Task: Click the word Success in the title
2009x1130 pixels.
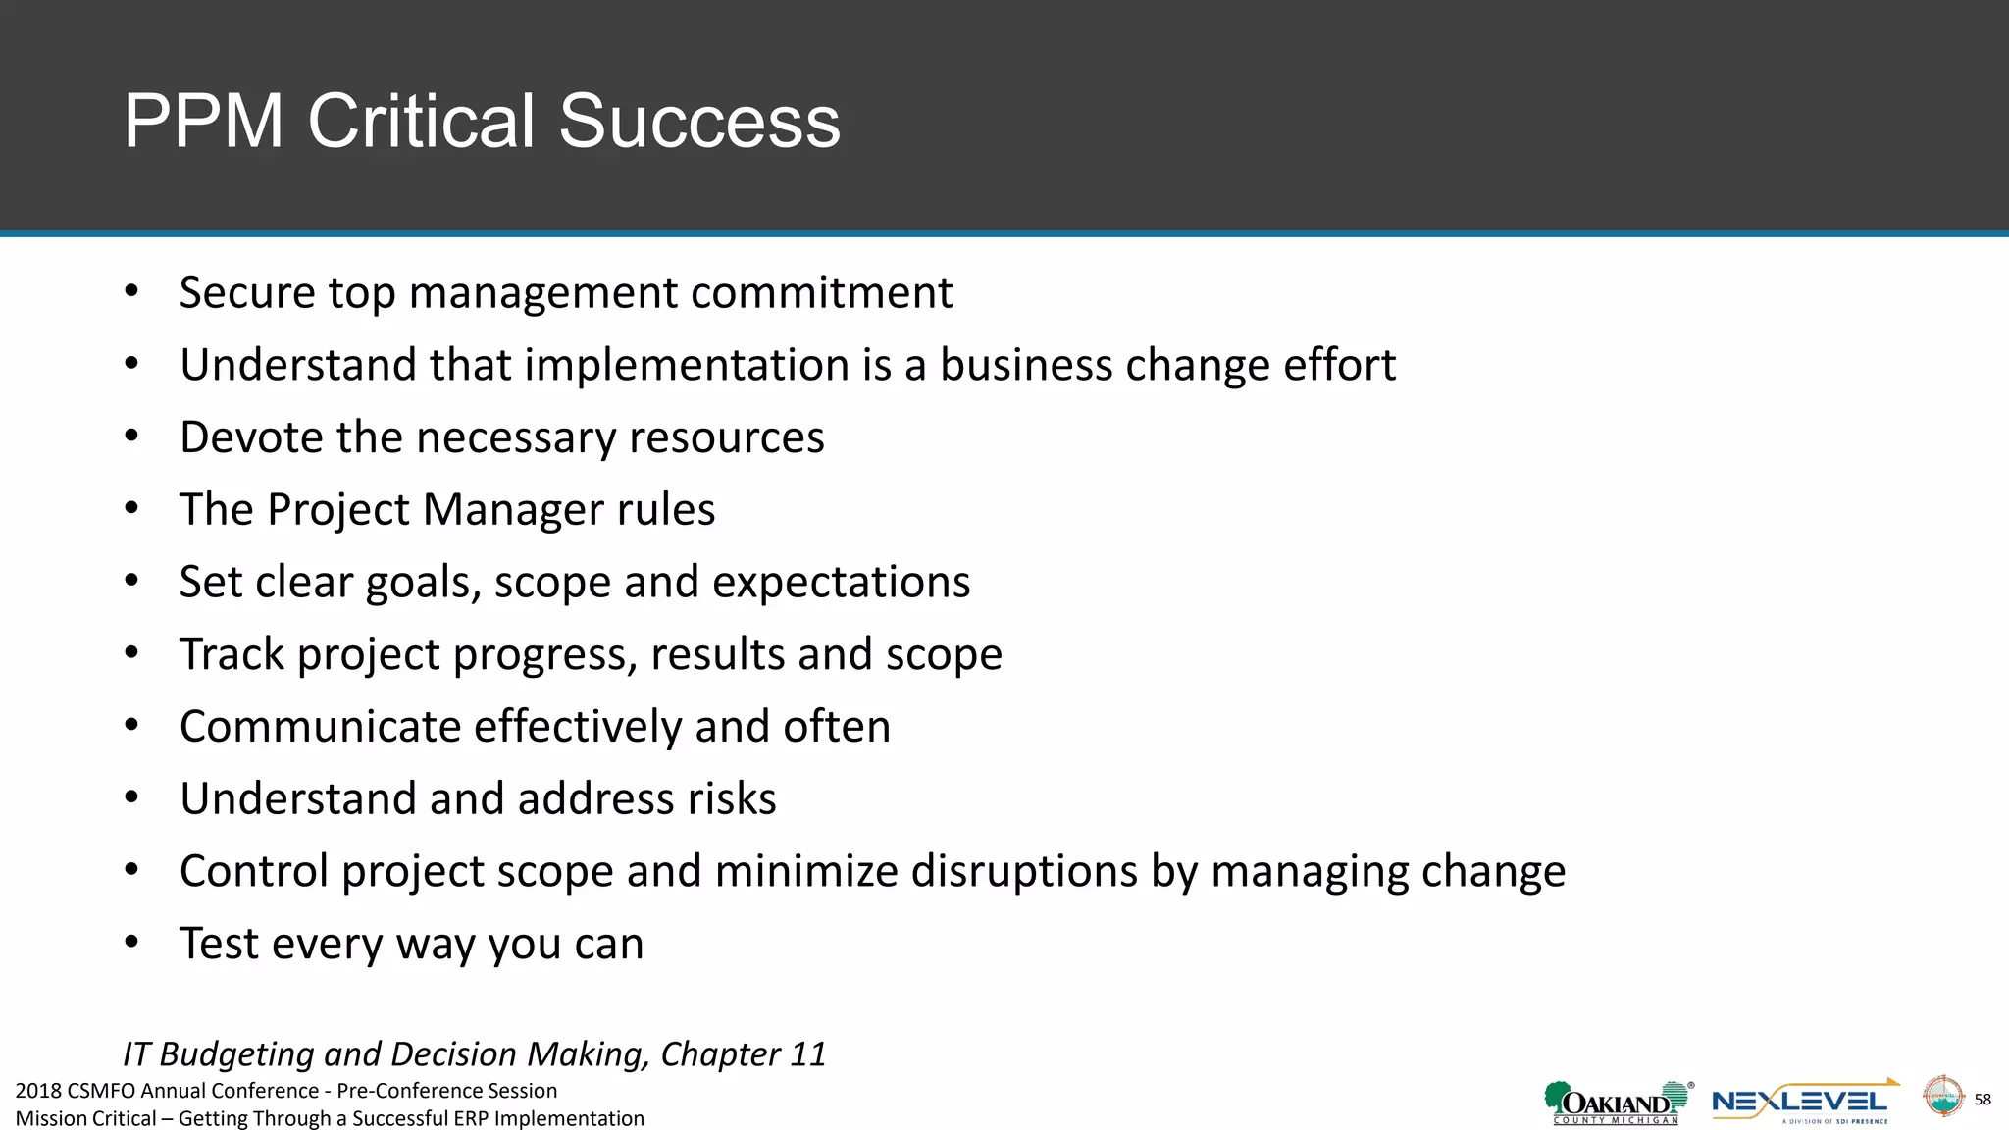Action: tap(699, 122)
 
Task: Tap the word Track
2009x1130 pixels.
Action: tap(232, 654)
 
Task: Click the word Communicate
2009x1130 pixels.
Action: tap(320, 727)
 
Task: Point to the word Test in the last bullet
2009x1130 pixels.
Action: tap(219, 944)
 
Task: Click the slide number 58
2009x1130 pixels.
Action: tap(1983, 1100)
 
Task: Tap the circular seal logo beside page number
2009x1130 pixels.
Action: tap(1942, 1097)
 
